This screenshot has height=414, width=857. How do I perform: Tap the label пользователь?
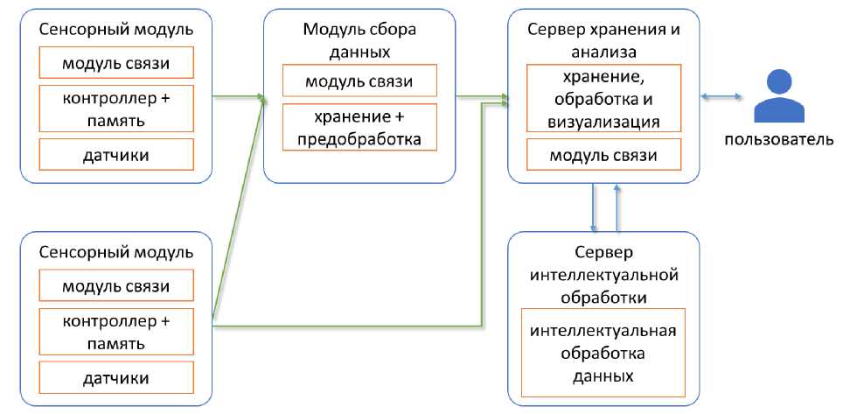coord(777,139)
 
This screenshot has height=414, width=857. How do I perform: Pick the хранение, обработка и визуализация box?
coord(603,98)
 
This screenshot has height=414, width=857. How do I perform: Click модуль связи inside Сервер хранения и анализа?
coord(603,156)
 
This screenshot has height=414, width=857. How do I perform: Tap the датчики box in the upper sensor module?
coord(116,156)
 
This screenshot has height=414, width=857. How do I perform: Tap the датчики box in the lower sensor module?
coord(116,378)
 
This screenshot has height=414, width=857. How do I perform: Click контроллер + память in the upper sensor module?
coord(116,109)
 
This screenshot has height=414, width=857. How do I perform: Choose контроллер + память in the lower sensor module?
coord(116,332)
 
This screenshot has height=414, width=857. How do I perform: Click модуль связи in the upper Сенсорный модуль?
coord(116,63)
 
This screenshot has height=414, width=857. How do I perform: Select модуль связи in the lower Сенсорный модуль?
coord(116,286)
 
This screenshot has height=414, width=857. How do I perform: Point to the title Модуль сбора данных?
coord(359,40)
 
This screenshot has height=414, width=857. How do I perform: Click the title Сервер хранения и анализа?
coord(603,40)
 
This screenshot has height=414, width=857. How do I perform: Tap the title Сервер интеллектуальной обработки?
coord(603,276)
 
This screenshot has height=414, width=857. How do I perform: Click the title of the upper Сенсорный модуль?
coord(116,30)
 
